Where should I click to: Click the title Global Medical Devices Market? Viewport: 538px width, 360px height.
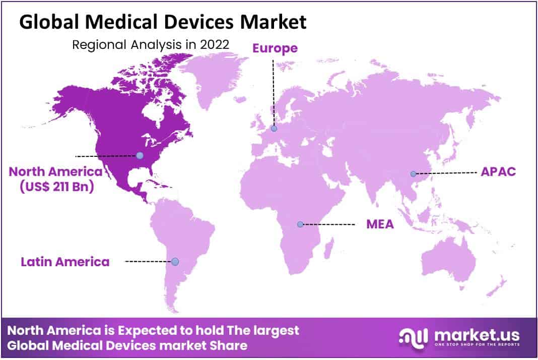click(163, 22)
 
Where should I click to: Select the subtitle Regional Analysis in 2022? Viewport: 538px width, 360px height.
click(151, 44)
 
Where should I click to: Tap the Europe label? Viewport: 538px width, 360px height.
click(275, 48)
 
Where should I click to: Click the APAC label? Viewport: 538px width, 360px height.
click(498, 171)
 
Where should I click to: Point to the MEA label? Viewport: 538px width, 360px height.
click(380, 223)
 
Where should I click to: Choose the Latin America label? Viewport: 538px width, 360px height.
click(65, 262)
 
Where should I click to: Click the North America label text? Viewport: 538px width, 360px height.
click(55, 171)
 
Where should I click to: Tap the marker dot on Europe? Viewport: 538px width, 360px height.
click(274, 129)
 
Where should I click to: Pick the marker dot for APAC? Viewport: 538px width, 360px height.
click(413, 174)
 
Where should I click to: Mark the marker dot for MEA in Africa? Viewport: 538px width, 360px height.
click(300, 224)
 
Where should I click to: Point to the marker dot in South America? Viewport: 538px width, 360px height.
click(175, 262)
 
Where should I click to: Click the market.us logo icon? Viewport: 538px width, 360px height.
click(413, 337)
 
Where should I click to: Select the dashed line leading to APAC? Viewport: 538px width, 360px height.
click(446, 173)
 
